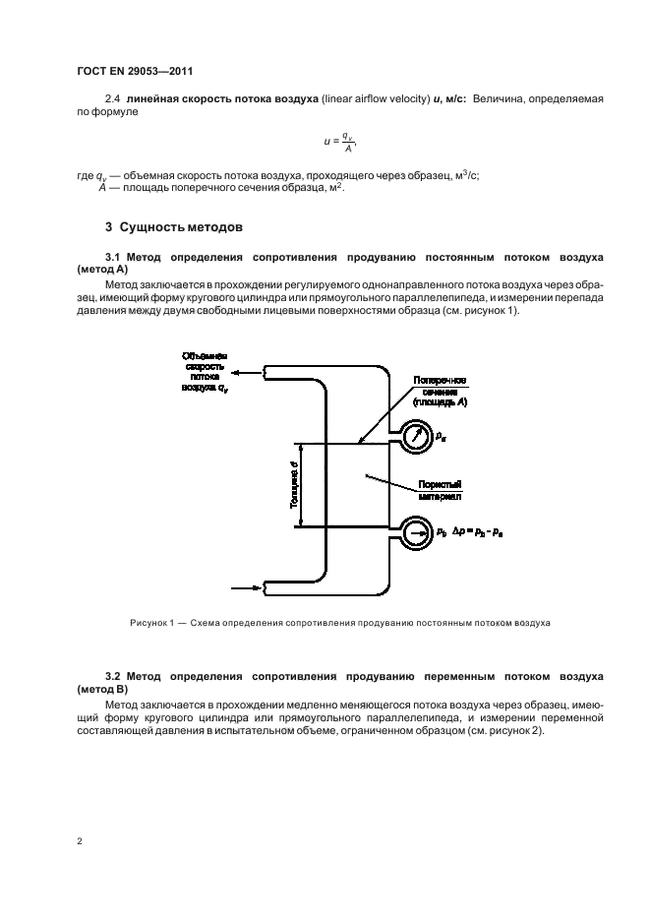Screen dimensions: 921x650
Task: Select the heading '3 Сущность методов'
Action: tap(172, 227)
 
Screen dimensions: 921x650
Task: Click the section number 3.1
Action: tap(113, 256)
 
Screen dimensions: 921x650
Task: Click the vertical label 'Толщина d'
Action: tap(293, 483)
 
